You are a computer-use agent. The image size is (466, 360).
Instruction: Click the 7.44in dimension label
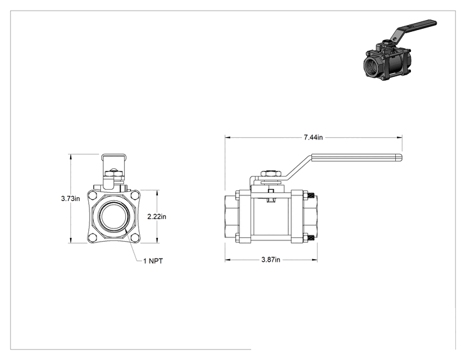(313, 137)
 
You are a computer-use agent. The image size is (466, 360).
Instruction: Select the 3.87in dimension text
(271, 260)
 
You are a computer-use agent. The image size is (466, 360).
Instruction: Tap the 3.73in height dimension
(70, 198)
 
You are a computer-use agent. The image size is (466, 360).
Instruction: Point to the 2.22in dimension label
(157, 217)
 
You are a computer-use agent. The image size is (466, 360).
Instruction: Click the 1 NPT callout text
(153, 261)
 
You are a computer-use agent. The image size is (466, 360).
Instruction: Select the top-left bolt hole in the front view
(93, 196)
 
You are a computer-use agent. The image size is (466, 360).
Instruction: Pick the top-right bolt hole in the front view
(135, 196)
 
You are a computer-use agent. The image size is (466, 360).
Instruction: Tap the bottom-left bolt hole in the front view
(93, 237)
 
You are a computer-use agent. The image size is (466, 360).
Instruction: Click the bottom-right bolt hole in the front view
(135, 237)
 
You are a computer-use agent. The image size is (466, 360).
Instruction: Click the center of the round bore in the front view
(114, 217)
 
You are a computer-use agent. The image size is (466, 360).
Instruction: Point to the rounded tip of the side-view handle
(401, 157)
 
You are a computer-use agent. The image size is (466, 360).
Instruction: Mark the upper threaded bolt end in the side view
(311, 195)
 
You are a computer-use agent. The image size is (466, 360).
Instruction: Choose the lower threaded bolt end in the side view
(311, 238)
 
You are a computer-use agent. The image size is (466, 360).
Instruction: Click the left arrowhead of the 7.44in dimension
(227, 137)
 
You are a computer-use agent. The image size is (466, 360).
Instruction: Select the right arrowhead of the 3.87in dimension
(314, 260)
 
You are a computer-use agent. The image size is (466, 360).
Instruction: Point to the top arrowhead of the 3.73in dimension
(71, 157)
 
